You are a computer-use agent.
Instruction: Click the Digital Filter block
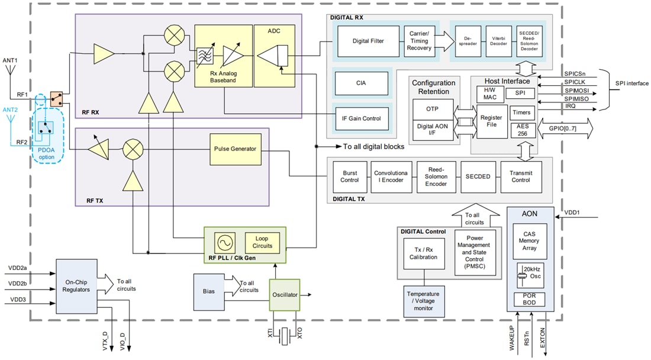(x=368, y=41)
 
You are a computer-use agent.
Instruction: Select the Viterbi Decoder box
(x=498, y=41)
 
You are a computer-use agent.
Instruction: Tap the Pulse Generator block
(x=235, y=149)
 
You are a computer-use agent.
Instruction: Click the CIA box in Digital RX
(x=362, y=83)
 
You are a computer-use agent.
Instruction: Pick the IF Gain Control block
(x=362, y=118)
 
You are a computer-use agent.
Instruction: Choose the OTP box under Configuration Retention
(x=432, y=109)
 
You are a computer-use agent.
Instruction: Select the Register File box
(x=491, y=121)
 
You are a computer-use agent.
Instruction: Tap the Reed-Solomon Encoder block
(x=436, y=176)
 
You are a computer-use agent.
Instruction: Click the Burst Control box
(x=350, y=176)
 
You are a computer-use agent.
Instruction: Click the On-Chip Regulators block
(x=77, y=285)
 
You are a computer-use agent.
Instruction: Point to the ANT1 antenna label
(x=11, y=60)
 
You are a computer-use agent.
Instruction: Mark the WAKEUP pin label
(x=513, y=337)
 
